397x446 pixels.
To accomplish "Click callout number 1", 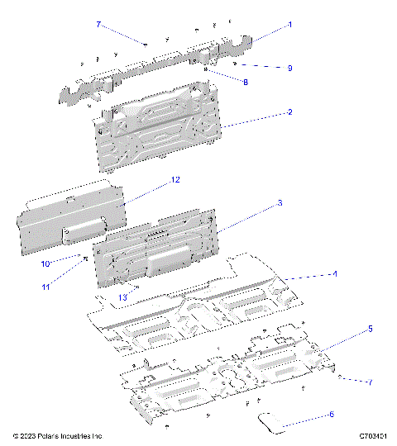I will tap(290, 26).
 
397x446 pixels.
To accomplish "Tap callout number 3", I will tap(280, 202).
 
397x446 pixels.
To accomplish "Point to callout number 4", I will tap(334, 273).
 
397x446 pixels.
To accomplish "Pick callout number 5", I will tap(347, 329).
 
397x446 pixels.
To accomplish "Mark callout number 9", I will tap(290, 68).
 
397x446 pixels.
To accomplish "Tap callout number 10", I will tap(46, 263).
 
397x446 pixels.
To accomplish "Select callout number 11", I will tap(46, 287).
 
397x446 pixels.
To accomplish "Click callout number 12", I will tap(175, 179).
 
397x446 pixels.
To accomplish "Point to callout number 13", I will tap(122, 297).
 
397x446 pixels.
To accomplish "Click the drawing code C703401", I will tap(374, 435).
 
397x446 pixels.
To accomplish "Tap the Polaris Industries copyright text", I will tap(57, 435).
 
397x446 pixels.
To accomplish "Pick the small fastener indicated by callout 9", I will tap(237, 63).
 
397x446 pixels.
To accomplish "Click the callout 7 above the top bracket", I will tap(98, 26).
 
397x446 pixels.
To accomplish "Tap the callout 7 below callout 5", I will tap(370, 382).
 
